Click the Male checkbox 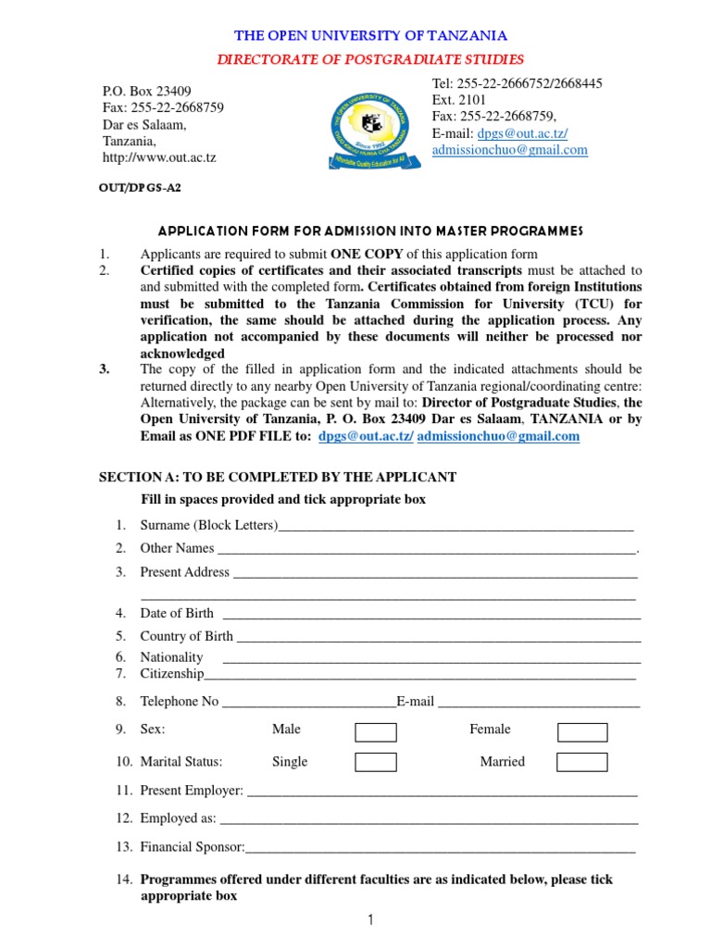coord(376,732)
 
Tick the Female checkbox coord(582,732)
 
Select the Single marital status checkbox coord(376,763)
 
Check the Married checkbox coord(582,763)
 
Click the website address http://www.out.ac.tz coord(158,157)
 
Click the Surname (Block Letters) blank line coord(455,527)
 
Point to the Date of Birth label coord(176,613)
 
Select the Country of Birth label coord(186,636)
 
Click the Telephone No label coord(179,701)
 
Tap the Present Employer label coord(191,791)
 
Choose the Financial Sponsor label coord(192,847)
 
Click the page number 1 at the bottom coord(369,919)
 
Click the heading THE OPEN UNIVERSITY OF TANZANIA coord(370,36)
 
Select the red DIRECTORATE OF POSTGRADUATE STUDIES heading coord(370,60)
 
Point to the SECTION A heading coord(277,477)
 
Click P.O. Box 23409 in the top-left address coord(146,91)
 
